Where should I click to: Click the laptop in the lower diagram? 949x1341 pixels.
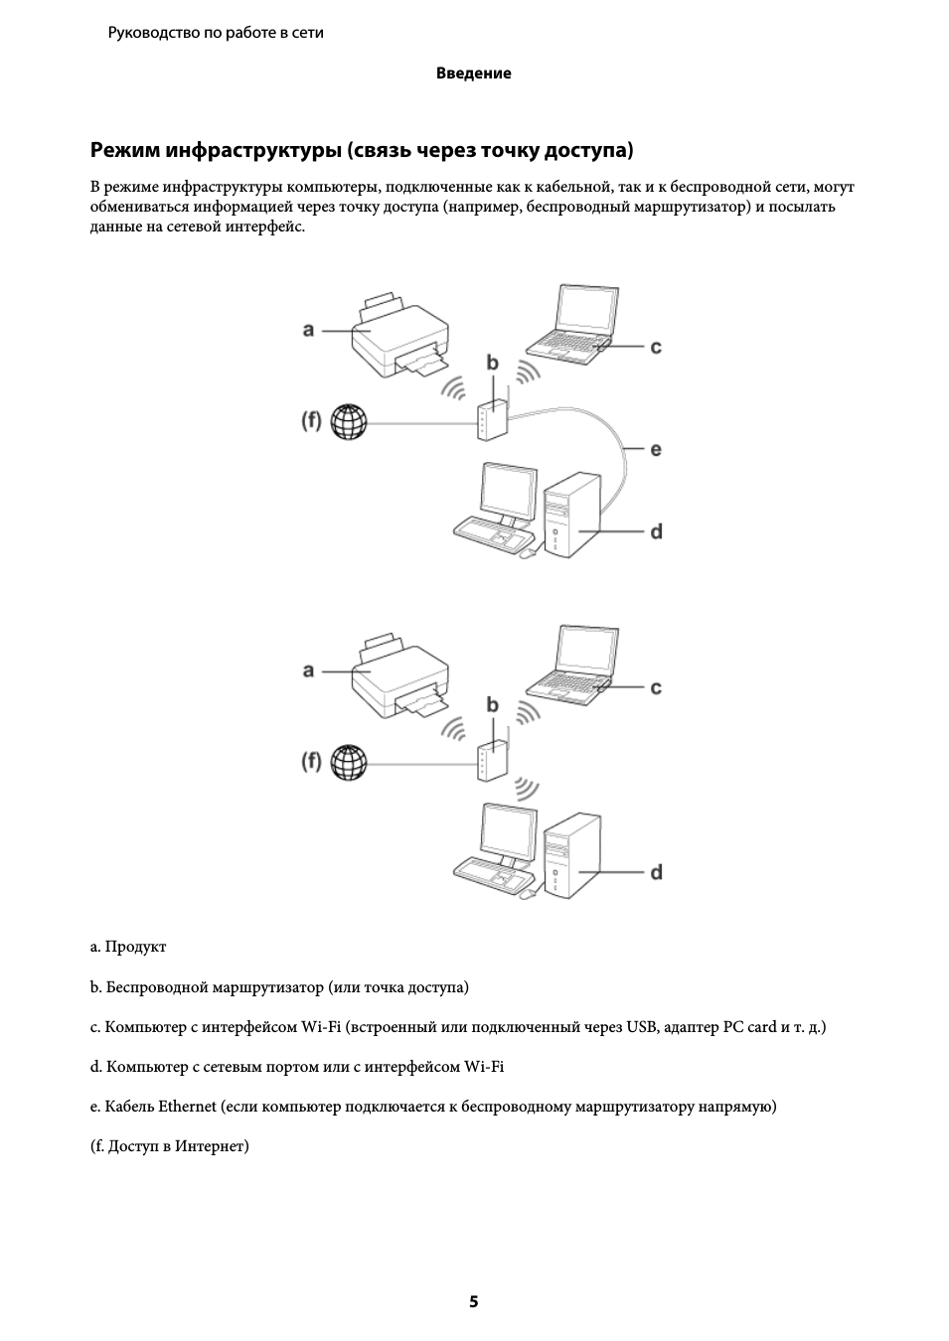(x=572, y=666)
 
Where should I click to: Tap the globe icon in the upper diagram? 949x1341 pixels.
(x=349, y=421)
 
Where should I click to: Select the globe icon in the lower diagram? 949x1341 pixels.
(x=349, y=762)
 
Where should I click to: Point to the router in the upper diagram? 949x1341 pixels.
(x=493, y=419)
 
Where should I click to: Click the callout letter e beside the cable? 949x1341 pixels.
(x=656, y=449)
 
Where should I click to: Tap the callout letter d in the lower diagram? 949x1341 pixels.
(x=656, y=872)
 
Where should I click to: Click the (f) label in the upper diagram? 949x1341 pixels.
(x=311, y=421)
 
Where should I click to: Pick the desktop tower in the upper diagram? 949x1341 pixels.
(x=571, y=516)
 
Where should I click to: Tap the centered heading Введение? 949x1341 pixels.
(x=474, y=74)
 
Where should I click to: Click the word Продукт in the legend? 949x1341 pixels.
(x=135, y=947)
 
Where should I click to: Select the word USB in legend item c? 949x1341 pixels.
(x=642, y=1027)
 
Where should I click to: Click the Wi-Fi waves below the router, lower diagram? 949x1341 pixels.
(x=527, y=789)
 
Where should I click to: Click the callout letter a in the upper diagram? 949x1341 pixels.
(x=308, y=330)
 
